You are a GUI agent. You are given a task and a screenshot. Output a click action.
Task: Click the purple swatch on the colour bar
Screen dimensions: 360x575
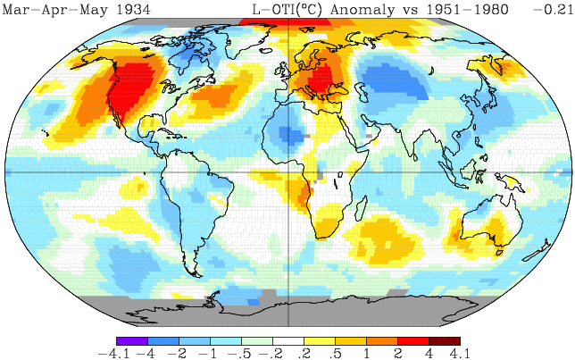click(131, 341)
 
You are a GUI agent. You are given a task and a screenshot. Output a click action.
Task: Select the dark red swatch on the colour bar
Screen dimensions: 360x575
click(444, 341)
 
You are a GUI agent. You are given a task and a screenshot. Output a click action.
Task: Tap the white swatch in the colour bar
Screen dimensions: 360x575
click(287, 341)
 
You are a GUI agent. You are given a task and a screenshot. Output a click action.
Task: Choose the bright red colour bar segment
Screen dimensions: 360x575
click(412, 341)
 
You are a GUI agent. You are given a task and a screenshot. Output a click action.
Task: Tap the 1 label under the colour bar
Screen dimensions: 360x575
click(366, 354)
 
